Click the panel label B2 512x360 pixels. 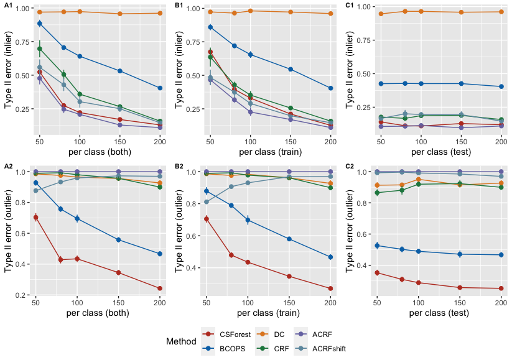tap(179, 166)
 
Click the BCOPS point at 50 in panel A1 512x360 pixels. tap(39, 24)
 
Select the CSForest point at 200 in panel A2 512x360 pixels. tap(160, 288)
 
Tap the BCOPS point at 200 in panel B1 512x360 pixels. tap(330, 88)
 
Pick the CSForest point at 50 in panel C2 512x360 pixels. tap(376, 273)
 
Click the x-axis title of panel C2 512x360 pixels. tap(439, 313)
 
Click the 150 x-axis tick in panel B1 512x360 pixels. tap(291, 142)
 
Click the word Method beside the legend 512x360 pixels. tap(182, 341)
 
